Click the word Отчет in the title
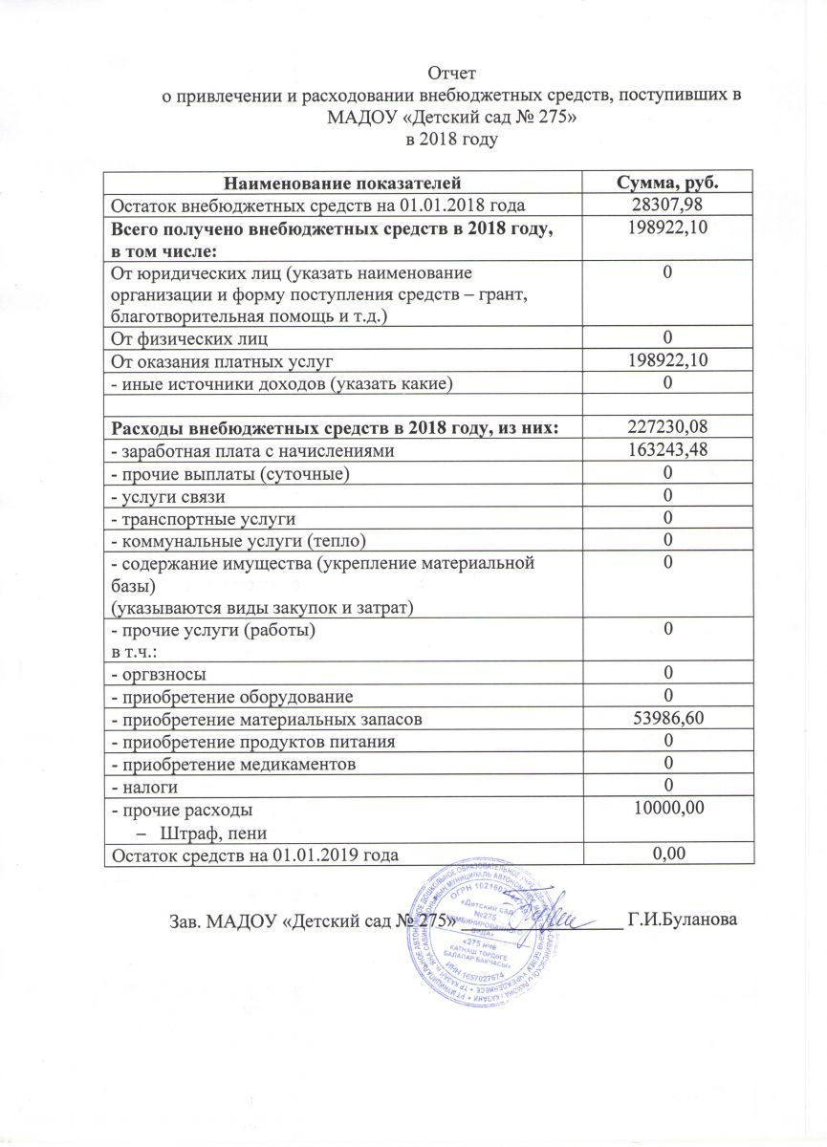pos(451,73)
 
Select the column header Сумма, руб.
pos(666,182)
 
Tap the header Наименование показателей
pos(343,182)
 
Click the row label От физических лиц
pos(189,337)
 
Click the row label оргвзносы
pos(162,673)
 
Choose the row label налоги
pos(149,787)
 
